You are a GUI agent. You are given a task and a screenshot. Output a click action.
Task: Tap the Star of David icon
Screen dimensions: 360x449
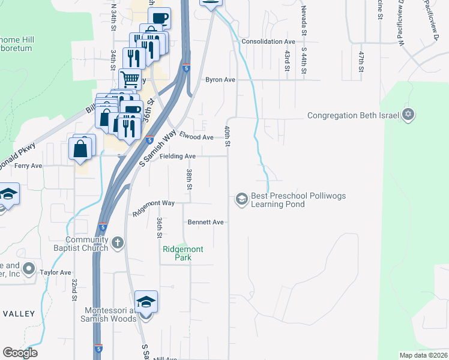[x=408, y=115]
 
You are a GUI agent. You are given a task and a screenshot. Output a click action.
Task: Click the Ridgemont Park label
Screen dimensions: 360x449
[x=183, y=253]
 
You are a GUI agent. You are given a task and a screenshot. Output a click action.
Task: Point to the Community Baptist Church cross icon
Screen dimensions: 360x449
[x=118, y=243]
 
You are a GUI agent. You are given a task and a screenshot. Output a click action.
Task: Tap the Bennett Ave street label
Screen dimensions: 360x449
[x=205, y=222]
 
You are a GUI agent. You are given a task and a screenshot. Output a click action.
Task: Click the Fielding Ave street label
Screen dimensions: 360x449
[x=178, y=156]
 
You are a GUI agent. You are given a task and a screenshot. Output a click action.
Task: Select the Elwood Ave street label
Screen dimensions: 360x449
[x=196, y=137]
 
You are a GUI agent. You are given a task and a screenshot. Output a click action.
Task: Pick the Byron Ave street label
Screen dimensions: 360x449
[x=220, y=79]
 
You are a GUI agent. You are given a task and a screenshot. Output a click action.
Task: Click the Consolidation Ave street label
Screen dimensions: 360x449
[x=268, y=41]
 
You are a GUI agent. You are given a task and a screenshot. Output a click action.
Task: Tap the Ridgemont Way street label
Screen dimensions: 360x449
[x=154, y=203]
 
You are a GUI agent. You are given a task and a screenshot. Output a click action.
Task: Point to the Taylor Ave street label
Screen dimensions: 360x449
[x=56, y=272]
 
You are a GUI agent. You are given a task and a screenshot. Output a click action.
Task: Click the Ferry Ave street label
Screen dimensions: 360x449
[x=28, y=166]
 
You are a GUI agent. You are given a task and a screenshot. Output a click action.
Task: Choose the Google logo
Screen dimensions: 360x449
[x=20, y=353]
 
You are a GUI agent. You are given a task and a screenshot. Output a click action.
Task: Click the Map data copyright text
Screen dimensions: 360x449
[x=424, y=355]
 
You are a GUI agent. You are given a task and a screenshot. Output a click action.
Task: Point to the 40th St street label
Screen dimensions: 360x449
[x=228, y=136]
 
